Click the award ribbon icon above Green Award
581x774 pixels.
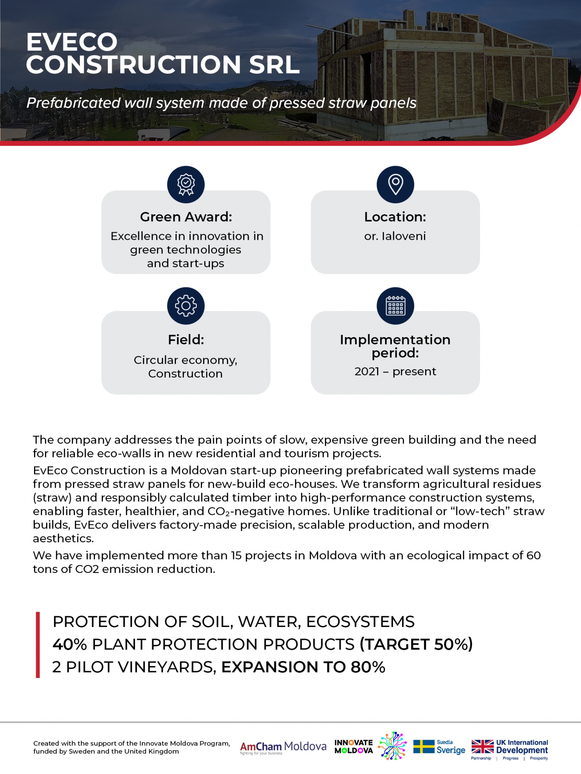[186, 185]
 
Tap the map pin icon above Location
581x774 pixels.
[395, 185]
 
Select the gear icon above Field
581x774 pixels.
[186, 306]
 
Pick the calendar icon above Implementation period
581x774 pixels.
[395, 306]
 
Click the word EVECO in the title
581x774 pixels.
[72, 42]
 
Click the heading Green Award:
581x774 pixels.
[186, 217]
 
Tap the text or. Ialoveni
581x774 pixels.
[395, 236]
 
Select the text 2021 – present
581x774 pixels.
[395, 372]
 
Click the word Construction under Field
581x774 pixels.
[185, 374]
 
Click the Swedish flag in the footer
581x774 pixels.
[424, 747]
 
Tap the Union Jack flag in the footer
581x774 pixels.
[482, 747]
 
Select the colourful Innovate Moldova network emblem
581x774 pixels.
[392, 746]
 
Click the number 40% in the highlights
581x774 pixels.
[69, 645]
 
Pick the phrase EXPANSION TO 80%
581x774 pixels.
[303, 667]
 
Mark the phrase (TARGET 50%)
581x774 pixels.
[416, 645]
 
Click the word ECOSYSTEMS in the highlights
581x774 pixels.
[360, 622]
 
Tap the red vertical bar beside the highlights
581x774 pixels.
[38, 645]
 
